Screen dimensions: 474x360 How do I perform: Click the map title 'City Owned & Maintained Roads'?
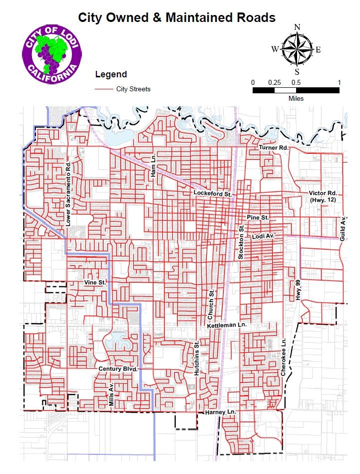click(177, 18)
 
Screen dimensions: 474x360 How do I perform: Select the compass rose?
click(296, 49)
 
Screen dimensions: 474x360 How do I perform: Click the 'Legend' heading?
click(111, 74)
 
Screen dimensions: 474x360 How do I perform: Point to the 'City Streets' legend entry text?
click(133, 89)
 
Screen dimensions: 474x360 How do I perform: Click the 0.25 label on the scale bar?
click(274, 82)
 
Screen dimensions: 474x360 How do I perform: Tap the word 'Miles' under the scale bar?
click(296, 98)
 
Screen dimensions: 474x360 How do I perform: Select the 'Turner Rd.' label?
click(274, 148)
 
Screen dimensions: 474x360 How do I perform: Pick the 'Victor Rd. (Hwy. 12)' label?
click(324, 196)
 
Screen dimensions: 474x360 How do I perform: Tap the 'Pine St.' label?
click(258, 218)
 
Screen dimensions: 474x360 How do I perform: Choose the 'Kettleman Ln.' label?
click(227, 325)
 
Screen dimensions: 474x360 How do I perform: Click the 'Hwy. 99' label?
click(299, 289)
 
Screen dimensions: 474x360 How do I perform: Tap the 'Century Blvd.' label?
click(117, 369)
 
